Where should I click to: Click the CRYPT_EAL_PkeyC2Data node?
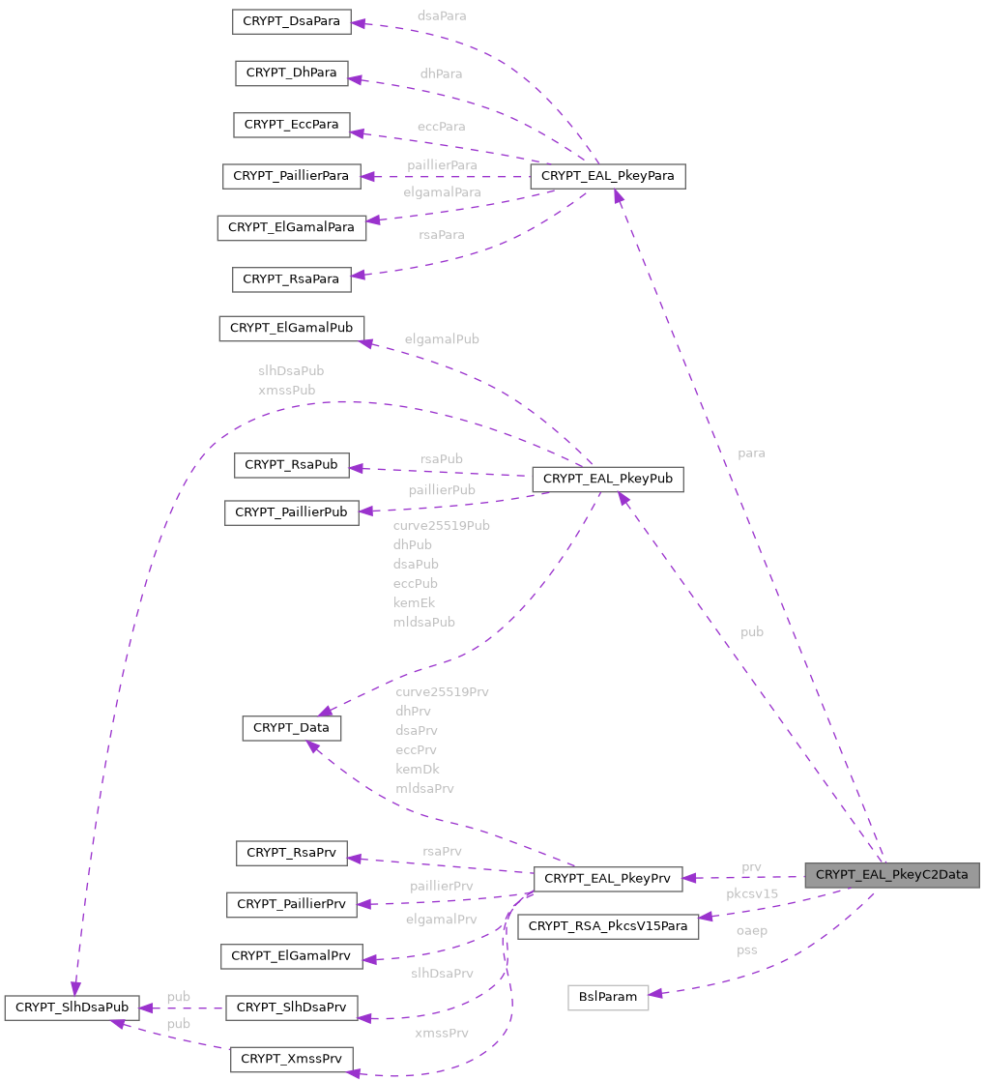click(891, 875)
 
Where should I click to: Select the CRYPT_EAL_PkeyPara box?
click(607, 176)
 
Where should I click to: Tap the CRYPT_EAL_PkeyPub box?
click(607, 479)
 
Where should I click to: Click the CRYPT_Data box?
click(291, 727)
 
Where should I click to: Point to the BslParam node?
click(607, 997)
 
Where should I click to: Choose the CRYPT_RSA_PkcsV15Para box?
click(608, 926)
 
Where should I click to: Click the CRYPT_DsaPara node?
click(291, 21)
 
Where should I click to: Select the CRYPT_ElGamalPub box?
click(291, 328)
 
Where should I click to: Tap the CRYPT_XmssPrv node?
click(291, 1059)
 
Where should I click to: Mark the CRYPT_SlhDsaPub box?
click(72, 1008)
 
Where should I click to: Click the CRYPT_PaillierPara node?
click(291, 176)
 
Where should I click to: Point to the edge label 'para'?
click(751, 453)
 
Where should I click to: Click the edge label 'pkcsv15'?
click(751, 894)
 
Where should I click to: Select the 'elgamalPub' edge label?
click(442, 339)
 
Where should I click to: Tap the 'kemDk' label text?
click(418, 769)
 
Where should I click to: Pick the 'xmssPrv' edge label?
click(441, 1033)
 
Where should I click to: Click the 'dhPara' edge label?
click(441, 73)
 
